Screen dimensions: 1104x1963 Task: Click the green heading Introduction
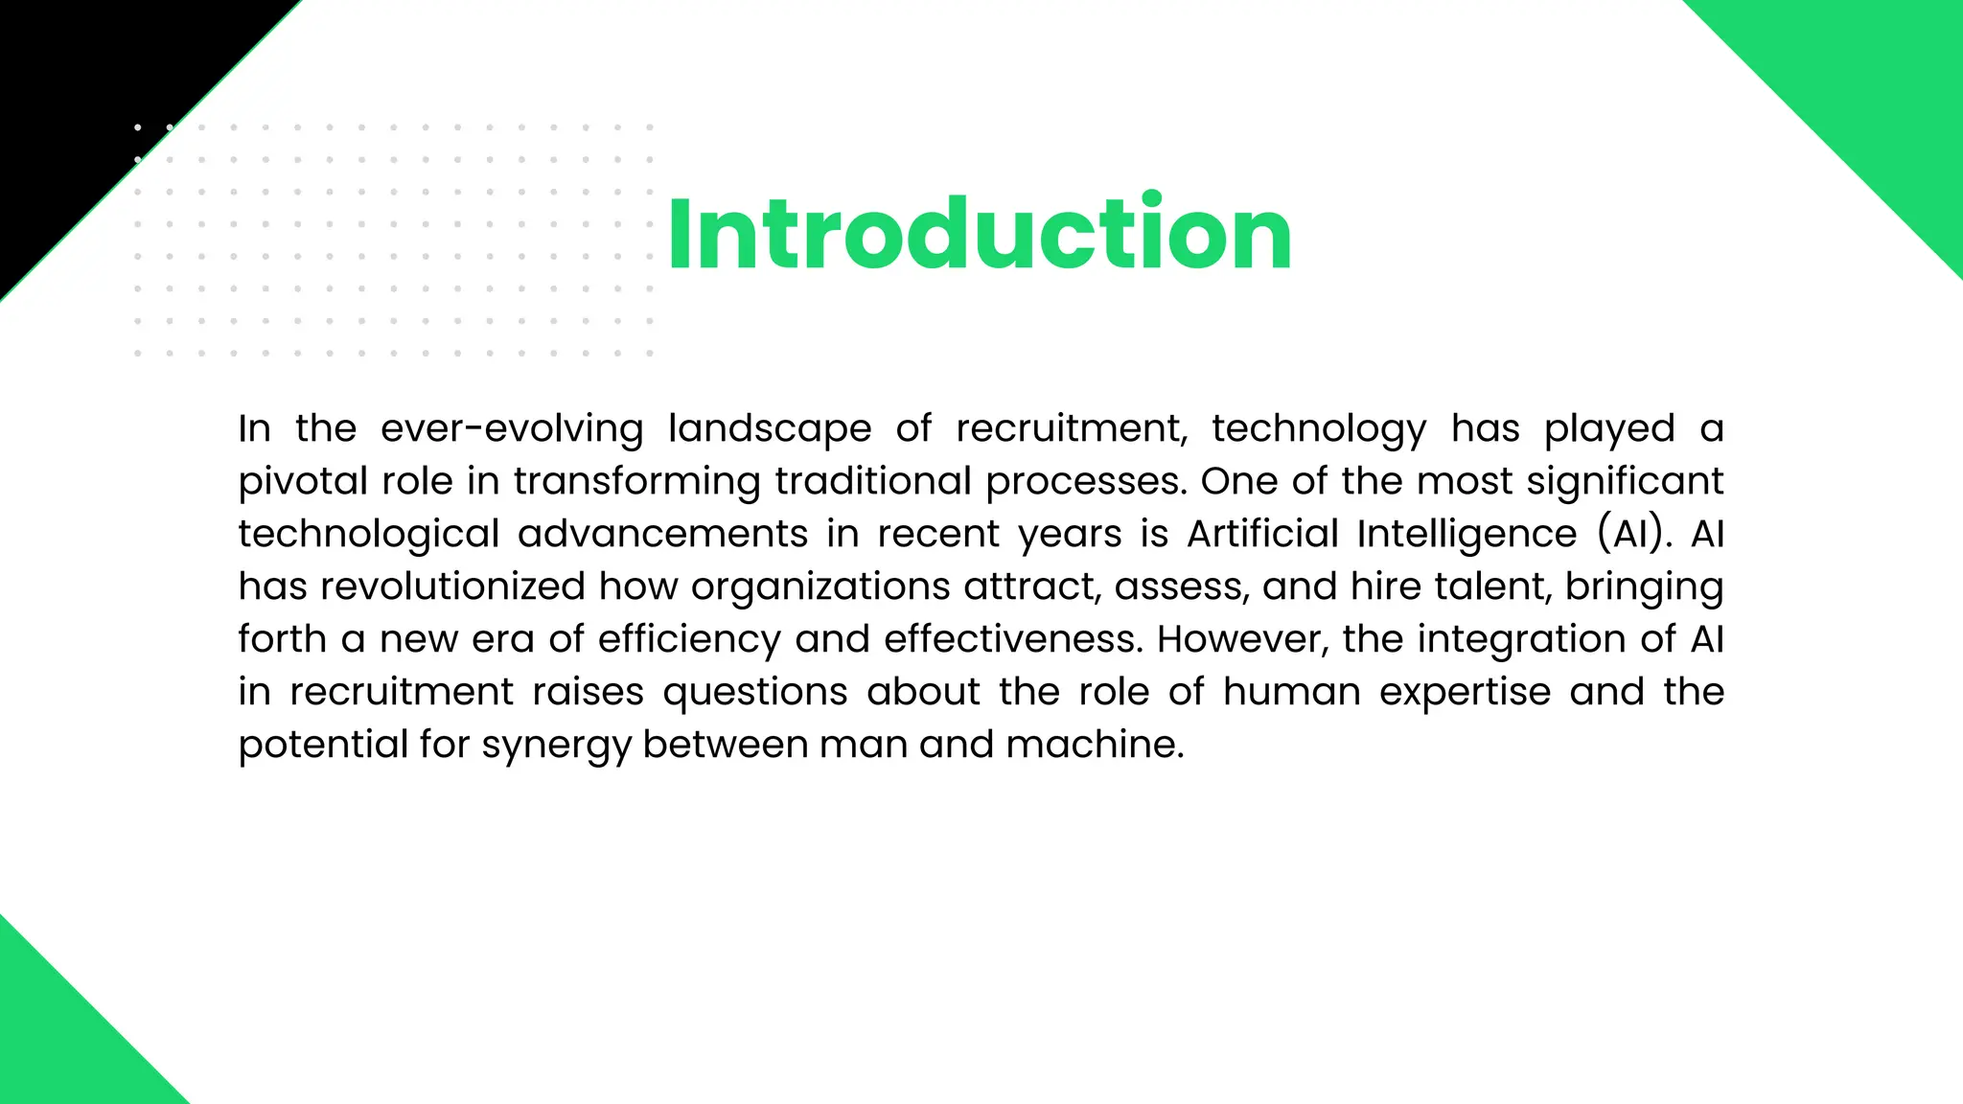pos(980,234)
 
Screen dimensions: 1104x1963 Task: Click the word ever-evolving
pos(512,428)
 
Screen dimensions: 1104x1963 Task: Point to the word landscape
pos(770,428)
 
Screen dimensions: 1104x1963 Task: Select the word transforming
pos(636,481)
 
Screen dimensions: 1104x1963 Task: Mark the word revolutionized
pos(452,586)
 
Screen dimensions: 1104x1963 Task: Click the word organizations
pos(820,586)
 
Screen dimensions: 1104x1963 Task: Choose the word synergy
pos(555,745)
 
